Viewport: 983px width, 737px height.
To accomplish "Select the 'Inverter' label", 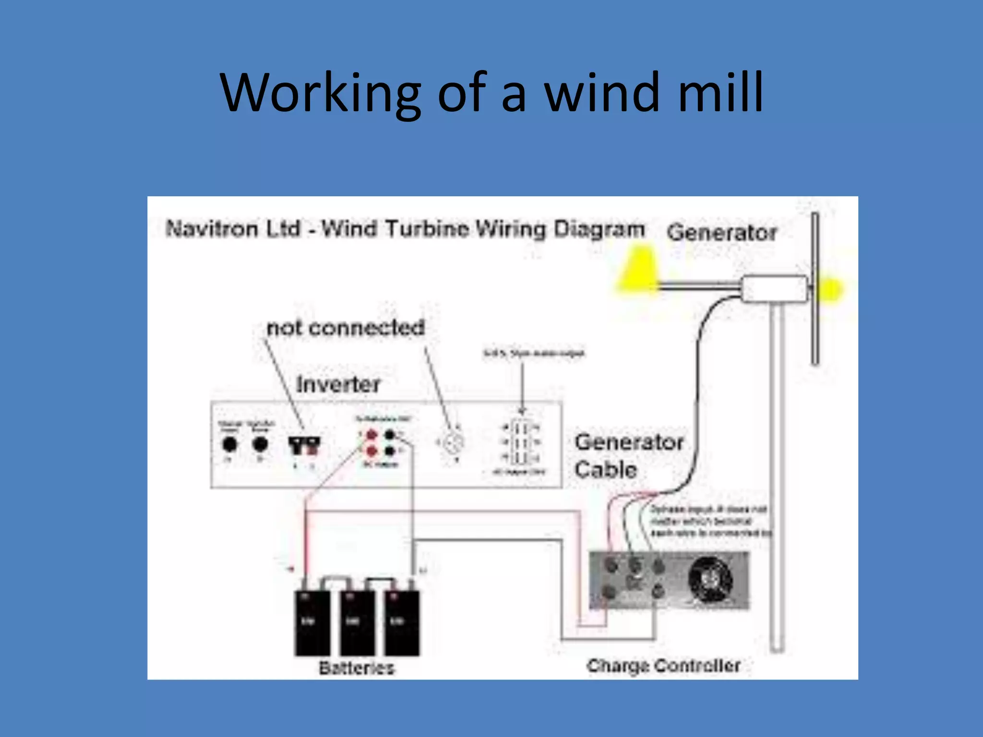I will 338,384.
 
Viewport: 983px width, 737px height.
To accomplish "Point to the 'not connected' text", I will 346,328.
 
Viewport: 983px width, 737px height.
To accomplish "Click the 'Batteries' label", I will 357,667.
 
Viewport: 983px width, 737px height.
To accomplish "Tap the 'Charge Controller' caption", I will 663,666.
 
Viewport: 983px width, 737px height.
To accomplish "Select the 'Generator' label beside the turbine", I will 721,233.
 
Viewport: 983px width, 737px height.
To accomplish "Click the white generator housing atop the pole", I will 774,288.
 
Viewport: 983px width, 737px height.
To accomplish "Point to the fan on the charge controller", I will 710,579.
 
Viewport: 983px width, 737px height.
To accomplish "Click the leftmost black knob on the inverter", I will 229,444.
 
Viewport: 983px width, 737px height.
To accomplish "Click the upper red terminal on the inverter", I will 372,435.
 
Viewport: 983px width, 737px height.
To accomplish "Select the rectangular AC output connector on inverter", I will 520,442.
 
